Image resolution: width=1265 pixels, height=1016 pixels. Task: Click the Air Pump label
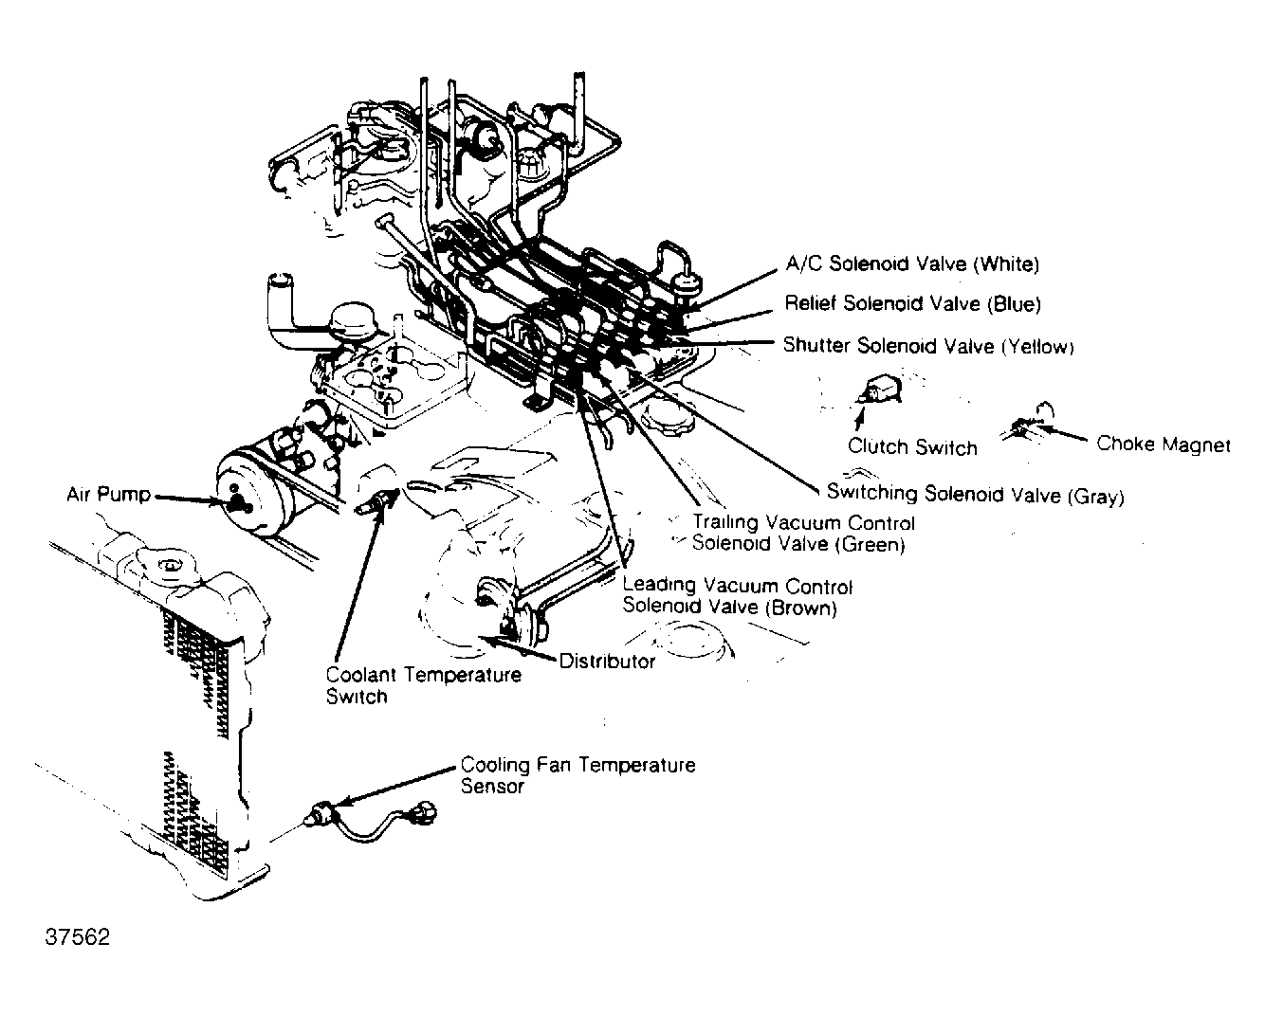coord(108,494)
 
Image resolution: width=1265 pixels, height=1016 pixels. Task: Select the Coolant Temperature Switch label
coord(423,685)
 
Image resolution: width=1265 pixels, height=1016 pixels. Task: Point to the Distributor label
coord(607,662)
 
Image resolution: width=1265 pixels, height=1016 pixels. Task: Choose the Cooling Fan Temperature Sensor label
coord(577,774)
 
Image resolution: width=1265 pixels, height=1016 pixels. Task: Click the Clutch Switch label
coord(912,446)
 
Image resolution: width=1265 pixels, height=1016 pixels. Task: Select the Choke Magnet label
coord(1163,444)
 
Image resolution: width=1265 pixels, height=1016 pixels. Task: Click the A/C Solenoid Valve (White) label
coord(912,263)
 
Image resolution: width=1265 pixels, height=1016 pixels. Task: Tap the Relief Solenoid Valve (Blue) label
coord(912,303)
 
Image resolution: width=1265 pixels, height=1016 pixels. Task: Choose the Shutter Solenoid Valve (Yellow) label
coord(927,346)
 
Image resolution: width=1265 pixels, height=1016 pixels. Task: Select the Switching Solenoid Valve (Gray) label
coord(975,494)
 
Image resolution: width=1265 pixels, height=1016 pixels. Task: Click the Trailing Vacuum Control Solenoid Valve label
coord(802,534)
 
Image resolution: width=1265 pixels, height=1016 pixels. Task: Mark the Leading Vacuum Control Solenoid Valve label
coord(737,597)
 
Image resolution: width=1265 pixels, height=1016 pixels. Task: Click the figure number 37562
coord(78,937)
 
